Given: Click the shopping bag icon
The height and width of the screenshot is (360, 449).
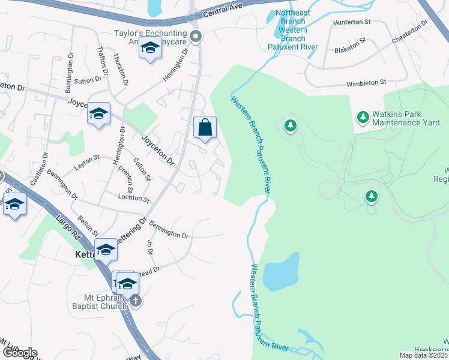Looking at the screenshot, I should coord(205,127).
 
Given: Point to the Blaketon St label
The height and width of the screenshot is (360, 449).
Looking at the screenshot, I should coord(351,43).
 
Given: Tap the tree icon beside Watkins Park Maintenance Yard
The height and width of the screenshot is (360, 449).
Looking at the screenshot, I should coord(363,116).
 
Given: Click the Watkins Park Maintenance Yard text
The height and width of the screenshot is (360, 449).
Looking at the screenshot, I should coord(405,118).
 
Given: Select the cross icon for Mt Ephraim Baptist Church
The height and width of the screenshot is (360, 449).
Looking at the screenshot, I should coord(136,301).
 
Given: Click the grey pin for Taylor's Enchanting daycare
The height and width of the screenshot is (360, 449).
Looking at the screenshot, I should coord(195,38).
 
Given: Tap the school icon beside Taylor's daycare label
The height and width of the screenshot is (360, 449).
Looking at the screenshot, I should coord(150,48).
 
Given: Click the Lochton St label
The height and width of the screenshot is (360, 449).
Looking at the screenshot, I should coord(133,197).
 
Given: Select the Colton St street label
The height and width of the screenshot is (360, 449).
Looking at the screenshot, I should coord(143,169).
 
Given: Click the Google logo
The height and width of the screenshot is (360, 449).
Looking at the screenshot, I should coord(19,352).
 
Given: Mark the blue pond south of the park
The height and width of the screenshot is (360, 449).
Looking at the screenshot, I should coord(281,273).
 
